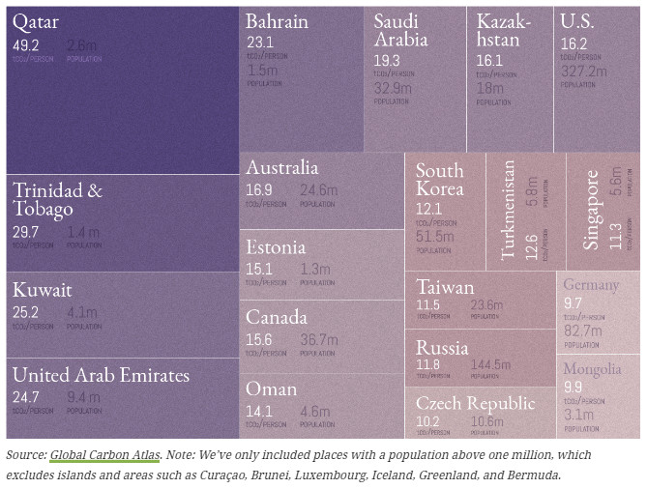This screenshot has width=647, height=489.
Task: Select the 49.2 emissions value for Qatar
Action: coord(25,45)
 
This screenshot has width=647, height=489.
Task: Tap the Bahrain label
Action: coord(277,21)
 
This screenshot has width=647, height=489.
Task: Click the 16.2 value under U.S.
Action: coord(573,43)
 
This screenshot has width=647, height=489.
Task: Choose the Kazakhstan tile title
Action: coord(504,30)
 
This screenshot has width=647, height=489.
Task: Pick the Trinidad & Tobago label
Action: coord(57,199)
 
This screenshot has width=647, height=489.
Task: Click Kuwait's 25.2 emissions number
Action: coord(25,312)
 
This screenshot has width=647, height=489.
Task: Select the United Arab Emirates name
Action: coord(101,376)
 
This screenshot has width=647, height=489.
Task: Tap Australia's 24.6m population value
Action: coord(319,189)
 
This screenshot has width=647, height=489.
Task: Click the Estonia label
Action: coord(275,247)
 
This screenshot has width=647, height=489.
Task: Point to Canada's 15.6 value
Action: coord(259,339)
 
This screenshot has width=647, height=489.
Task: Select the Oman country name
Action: coord(271,388)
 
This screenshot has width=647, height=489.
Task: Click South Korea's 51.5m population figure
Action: coord(434,237)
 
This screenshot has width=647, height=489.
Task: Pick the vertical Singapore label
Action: coord(592,211)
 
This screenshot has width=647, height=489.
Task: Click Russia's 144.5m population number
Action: coord(491,365)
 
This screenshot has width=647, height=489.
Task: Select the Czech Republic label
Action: coord(475,403)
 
